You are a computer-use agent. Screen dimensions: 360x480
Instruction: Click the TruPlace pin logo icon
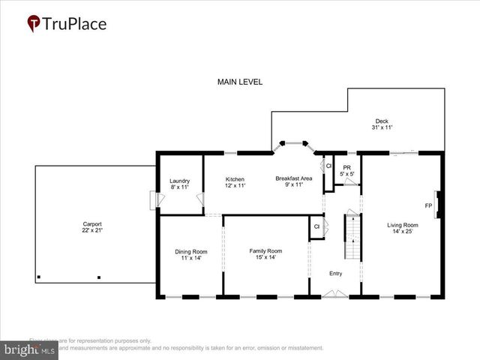[34, 23]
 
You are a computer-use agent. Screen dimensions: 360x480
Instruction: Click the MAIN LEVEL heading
[240, 82]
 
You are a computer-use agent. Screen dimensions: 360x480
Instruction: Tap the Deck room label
[382, 121]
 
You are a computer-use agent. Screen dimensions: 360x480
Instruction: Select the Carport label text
[92, 223]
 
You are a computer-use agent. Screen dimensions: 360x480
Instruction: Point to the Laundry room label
[179, 181]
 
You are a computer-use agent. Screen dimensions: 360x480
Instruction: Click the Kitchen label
[235, 179]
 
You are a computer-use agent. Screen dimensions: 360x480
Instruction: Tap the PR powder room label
[346, 167]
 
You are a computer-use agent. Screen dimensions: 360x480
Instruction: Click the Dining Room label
[190, 251]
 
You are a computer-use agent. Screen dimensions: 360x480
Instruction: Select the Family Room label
[265, 250]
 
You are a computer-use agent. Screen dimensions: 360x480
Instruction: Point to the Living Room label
[402, 224]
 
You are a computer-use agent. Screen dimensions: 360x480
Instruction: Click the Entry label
[335, 273]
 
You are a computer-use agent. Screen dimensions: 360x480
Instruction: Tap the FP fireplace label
[428, 205]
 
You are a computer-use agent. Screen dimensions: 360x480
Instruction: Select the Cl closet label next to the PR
[328, 166]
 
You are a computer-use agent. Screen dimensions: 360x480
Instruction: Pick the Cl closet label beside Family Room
[316, 226]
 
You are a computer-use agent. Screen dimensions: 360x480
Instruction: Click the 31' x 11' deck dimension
[382, 128]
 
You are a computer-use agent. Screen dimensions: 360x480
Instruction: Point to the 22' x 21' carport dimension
[92, 230]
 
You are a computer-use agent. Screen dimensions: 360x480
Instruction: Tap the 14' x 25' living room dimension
[402, 231]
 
